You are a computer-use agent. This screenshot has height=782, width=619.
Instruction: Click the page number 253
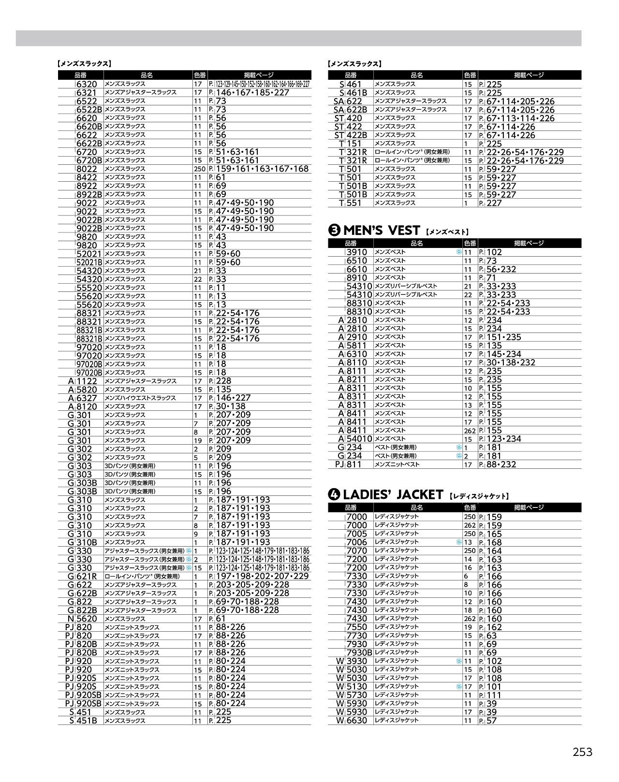click(582, 752)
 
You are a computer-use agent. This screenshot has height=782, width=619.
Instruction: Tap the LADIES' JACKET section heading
click(393, 494)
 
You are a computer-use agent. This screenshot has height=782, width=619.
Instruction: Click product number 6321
click(87, 93)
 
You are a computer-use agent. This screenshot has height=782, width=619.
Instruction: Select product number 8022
click(87, 169)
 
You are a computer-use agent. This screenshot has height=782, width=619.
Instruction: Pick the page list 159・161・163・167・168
click(262, 169)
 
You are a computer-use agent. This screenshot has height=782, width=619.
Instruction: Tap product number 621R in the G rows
click(87, 576)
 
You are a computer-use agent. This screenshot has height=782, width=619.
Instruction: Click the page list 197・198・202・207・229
click(262, 576)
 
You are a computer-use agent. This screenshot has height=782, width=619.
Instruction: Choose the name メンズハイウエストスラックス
click(140, 398)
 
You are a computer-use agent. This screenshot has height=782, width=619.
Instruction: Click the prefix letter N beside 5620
click(71, 619)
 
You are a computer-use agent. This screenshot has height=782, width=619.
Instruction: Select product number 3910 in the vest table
click(357, 252)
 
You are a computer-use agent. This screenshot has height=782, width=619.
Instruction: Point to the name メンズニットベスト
click(397, 464)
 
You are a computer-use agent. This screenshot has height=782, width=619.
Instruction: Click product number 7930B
click(359, 652)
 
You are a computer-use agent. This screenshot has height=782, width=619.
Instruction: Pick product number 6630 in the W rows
click(357, 721)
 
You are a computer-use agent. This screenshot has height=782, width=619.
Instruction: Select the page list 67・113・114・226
click(520, 118)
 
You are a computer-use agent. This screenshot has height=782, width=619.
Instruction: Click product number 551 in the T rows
click(354, 203)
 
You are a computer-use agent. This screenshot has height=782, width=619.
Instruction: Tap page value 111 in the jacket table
click(494, 695)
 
